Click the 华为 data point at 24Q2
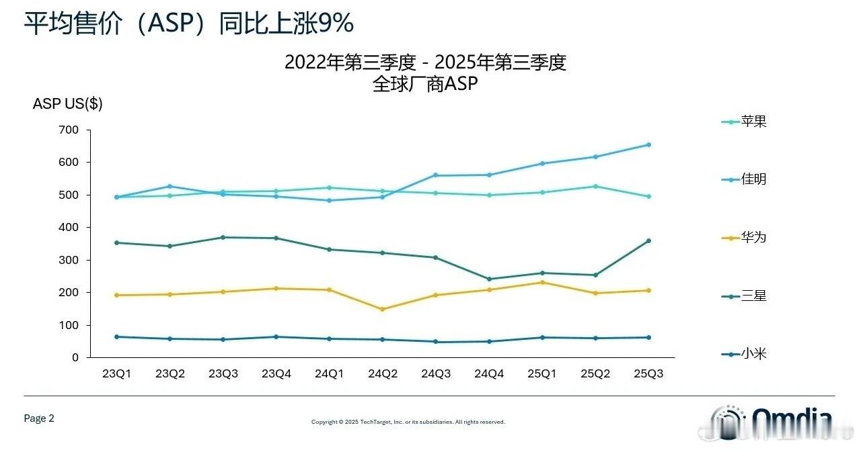383,309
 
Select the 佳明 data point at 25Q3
648,144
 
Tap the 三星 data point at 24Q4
489,279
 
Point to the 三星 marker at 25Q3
648,240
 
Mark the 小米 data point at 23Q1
116,336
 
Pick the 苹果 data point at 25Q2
595,186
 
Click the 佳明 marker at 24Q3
436,175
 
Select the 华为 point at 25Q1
542,282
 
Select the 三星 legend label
753,296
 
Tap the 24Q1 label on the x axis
330,373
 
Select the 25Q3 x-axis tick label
648,373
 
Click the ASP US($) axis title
67,104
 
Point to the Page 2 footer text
39,418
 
